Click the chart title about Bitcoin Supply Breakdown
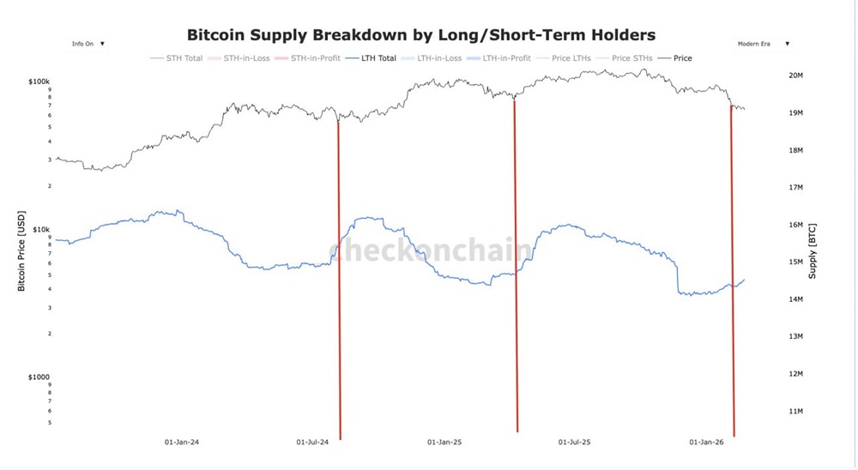[421, 35]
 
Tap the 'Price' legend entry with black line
[683, 58]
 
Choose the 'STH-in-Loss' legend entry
[246, 58]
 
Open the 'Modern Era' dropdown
[763, 43]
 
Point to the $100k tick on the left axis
[39, 81]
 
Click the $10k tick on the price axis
[41, 230]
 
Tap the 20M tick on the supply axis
[795, 75]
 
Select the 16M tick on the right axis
[795, 225]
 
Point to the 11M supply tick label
[795, 412]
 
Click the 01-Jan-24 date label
[182, 443]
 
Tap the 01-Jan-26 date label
[707, 443]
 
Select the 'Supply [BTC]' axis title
[813, 250]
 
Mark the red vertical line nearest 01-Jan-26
[732, 274]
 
